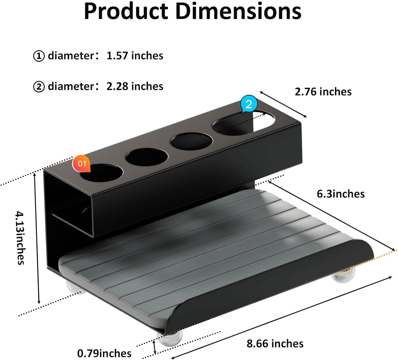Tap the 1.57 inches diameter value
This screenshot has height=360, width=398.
[135, 56]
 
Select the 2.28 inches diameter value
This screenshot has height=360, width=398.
[135, 86]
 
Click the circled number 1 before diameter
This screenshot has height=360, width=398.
[39, 56]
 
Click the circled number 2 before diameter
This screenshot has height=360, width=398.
[39, 87]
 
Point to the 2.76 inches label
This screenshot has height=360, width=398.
[323, 92]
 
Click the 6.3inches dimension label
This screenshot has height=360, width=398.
[341, 194]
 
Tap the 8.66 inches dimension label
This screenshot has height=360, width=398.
[275, 344]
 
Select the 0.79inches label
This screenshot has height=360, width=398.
[104, 353]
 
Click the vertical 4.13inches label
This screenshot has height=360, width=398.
[20, 238]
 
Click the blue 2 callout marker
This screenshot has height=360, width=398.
[249, 104]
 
